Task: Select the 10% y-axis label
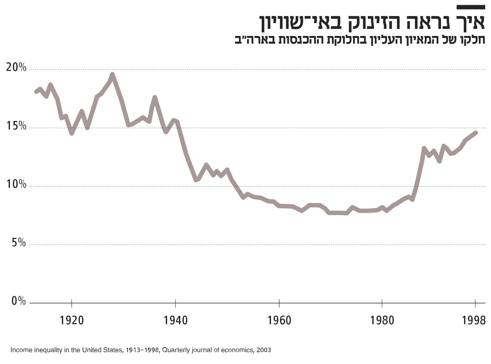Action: click(16, 184)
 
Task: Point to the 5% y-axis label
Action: click(19, 243)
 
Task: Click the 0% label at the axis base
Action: click(19, 301)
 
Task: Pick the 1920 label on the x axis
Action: click(72, 320)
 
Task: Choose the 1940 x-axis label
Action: click(175, 320)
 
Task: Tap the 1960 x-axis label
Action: click(279, 320)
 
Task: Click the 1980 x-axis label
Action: click(382, 320)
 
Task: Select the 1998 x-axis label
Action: click(475, 320)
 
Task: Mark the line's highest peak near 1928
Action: click(112, 75)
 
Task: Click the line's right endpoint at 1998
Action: click(476, 133)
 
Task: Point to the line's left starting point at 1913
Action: click(36, 91)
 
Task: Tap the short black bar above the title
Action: click(470, 7)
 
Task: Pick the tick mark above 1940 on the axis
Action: click(175, 303)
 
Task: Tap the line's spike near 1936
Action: click(155, 97)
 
